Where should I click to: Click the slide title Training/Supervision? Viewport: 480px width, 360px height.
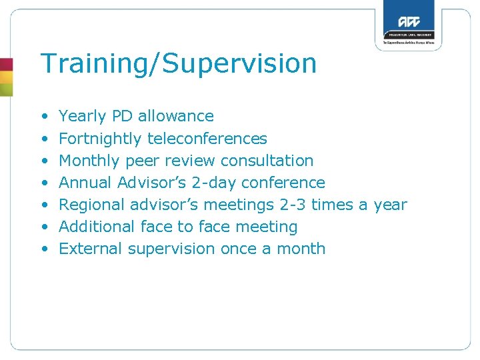pos(178,64)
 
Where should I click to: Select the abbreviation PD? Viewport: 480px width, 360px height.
pos(122,117)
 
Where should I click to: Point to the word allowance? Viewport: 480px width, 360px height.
pos(176,117)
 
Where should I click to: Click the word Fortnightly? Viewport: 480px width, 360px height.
pos(101,139)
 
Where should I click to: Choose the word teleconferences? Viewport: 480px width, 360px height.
pos(207,139)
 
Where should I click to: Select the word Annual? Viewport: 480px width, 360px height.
pos(86,183)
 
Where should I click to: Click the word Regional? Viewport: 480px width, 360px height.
pos(92,205)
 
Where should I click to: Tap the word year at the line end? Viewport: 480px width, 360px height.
pos(390,205)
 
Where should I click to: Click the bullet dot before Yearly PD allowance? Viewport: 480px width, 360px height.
pos(44,117)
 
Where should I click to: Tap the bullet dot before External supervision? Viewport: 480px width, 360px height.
pos(44,249)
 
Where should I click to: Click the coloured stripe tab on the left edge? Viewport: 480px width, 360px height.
pos(6,77)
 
